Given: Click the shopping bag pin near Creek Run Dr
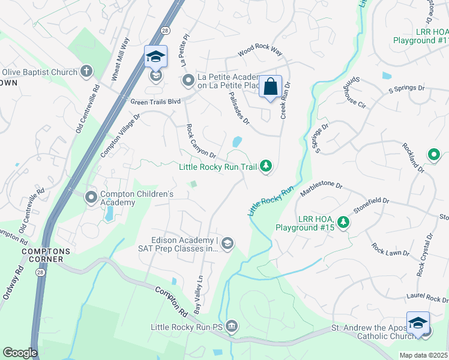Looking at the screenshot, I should pyautogui.click(x=270, y=86).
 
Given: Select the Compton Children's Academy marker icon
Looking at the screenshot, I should pyautogui.click(x=91, y=197).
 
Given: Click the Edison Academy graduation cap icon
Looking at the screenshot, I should pyautogui.click(x=227, y=243).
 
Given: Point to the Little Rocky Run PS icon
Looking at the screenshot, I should pyautogui.click(x=232, y=327).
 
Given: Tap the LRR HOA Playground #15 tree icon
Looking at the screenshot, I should pyautogui.click(x=343, y=223).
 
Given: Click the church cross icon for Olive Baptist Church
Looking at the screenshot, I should pyautogui.click(x=86, y=72).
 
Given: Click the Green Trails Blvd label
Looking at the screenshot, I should pyautogui.click(x=156, y=102).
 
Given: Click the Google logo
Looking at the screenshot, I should pyautogui.click(x=20, y=353).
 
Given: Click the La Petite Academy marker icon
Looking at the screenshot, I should pyautogui.click(x=188, y=80).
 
